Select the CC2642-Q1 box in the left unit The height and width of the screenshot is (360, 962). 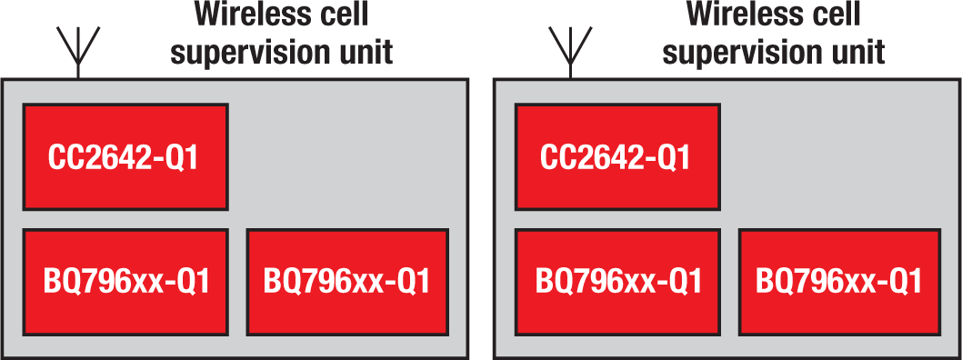(125, 157)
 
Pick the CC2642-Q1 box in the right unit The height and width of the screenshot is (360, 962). (617, 157)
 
